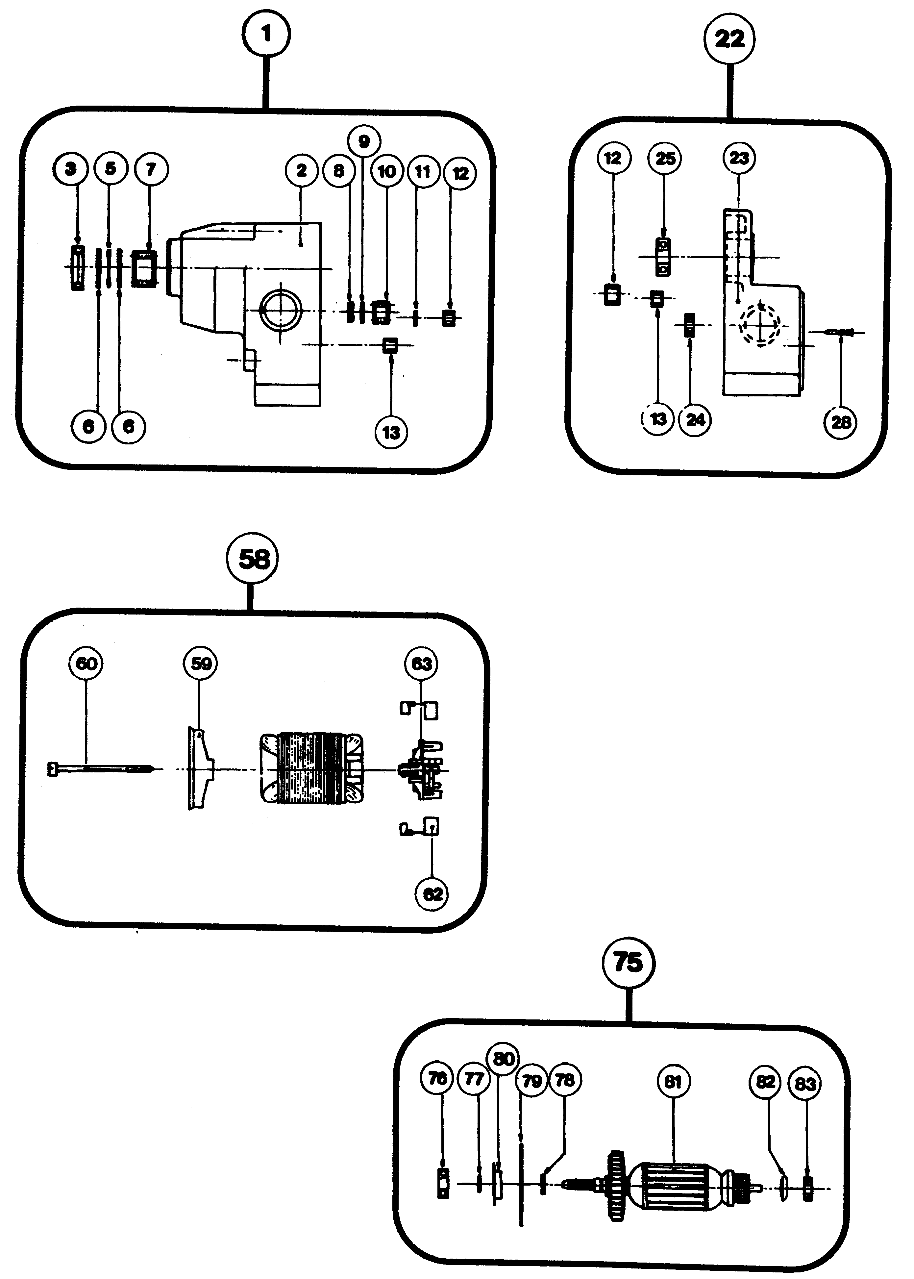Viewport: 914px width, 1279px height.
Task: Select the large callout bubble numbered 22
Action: [729, 39]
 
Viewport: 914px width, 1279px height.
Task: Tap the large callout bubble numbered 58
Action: [253, 559]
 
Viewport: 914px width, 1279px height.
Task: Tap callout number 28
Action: [841, 422]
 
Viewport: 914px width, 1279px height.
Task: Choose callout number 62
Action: [432, 894]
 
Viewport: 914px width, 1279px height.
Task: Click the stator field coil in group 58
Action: [311, 769]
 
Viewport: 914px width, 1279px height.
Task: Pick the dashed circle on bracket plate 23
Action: [760, 325]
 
